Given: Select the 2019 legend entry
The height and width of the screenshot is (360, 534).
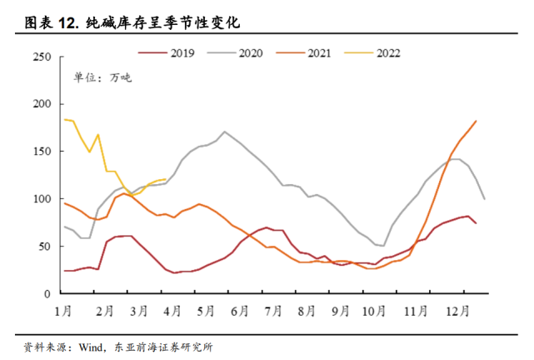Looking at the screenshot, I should [182, 52].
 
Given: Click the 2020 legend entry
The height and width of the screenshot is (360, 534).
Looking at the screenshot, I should [251, 52].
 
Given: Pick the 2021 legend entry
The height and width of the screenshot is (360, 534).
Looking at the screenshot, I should [320, 52].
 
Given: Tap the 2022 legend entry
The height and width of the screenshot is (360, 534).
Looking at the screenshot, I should [388, 52].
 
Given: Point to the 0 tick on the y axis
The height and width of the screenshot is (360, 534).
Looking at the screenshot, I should [48, 294].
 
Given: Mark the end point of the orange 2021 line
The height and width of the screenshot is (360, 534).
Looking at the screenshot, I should [476, 121].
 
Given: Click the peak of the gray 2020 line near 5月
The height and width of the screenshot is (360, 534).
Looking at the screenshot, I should [225, 132].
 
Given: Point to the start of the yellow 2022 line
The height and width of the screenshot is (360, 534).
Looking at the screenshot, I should [64, 119].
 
